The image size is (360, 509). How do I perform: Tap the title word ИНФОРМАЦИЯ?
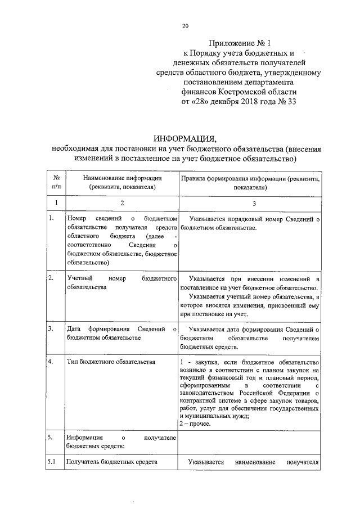click(185, 139)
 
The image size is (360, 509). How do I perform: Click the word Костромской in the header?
click(242, 91)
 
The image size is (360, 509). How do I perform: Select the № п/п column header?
click(55, 182)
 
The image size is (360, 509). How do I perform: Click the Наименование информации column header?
click(121, 182)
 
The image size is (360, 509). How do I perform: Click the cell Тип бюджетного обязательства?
click(110, 361)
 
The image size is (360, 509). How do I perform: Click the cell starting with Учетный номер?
click(121, 282)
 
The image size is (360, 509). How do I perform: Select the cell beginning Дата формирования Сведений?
click(121, 333)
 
